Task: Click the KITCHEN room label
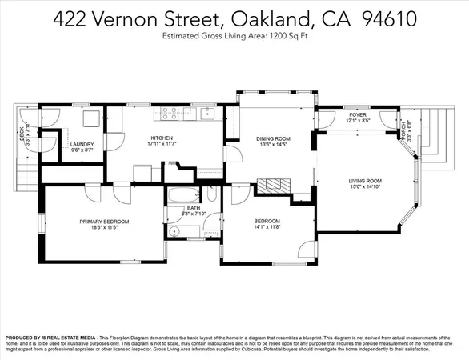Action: coord(162,138)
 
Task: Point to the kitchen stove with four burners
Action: coord(170,114)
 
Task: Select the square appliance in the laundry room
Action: coord(91,118)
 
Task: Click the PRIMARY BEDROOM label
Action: coord(104,221)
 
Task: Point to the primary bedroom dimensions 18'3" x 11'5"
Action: coord(104,228)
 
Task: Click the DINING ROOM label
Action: coord(272,138)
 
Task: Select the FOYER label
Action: coord(357,114)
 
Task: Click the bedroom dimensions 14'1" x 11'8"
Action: coord(267,228)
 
